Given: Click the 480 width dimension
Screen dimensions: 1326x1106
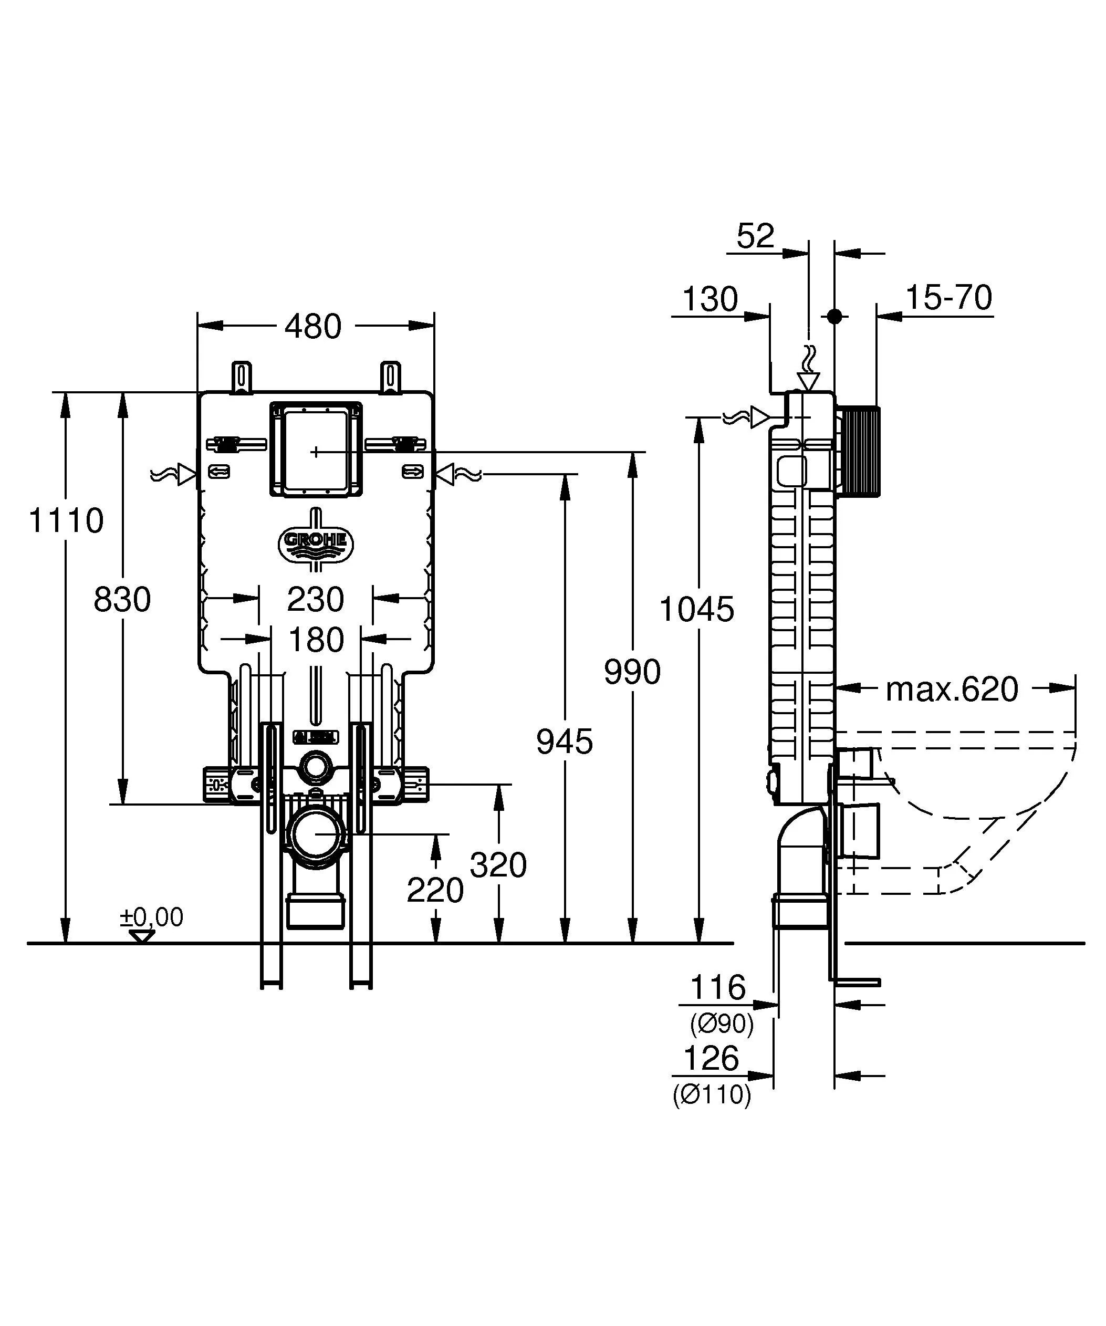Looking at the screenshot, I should click(x=313, y=327).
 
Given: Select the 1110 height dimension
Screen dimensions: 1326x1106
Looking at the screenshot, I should click(x=66, y=521).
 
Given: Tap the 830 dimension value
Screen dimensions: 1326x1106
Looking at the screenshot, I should click(x=122, y=599).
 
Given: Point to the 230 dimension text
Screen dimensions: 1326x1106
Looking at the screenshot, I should click(x=316, y=599).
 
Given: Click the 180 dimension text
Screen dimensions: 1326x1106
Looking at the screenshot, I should click(x=316, y=640).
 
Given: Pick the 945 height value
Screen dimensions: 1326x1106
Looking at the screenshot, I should click(x=565, y=742).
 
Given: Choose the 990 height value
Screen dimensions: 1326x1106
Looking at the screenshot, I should click(x=632, y=672).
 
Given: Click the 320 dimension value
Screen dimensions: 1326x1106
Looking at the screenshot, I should click(x=498, y=865).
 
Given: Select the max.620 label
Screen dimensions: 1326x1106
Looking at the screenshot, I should click(x=952, y=690).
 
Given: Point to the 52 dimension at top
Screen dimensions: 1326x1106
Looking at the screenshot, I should click(x=755, y=237).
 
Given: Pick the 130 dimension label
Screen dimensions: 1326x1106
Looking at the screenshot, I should click(x=710, y=299).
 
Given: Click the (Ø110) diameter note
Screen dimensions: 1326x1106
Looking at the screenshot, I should click(x=712, y=1095).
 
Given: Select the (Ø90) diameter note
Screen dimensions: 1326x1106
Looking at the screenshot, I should click(x=722, y=1024).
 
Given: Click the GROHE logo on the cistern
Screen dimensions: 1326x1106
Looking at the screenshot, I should click(x=316, y=541).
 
